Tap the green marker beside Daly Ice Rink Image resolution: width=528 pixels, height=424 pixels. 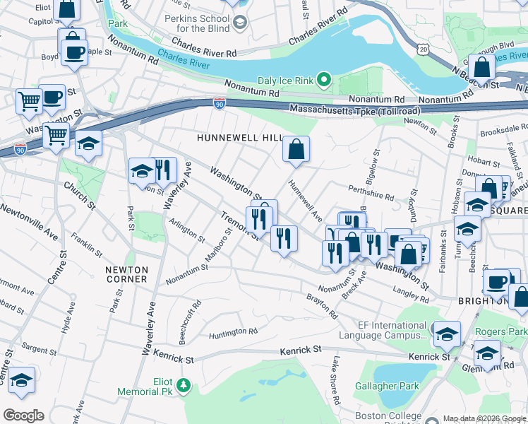coord(324,81)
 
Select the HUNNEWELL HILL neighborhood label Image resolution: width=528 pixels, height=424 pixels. coord(240,138)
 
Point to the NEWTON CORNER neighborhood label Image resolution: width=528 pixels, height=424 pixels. coord(126,274)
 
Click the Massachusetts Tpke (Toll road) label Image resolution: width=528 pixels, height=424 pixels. coord(355,110)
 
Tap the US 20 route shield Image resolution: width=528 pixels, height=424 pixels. coord(422,47)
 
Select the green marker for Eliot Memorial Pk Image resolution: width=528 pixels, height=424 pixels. coord(184,385)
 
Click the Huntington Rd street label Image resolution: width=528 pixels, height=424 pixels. coord(232,331)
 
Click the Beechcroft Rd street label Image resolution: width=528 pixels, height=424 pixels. coord(191,322)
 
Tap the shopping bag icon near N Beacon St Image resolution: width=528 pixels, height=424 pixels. coord(482,68)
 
